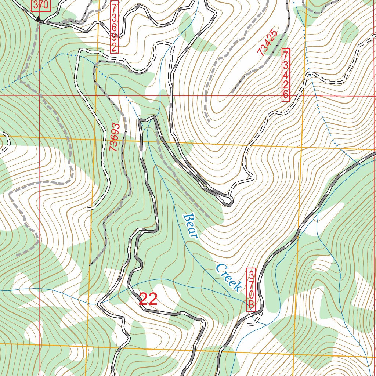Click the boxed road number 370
click(40, 6)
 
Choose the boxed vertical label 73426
click(286, 75)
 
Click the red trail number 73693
click(115, 137)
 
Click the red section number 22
click(148, 300)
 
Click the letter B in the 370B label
click(251, 305)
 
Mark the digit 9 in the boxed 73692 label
click(115, 37)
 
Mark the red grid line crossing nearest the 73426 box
click(302, 96)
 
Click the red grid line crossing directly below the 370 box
click(40, 95)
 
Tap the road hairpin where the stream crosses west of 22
click(99, 304)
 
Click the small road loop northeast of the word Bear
click(228, 200)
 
